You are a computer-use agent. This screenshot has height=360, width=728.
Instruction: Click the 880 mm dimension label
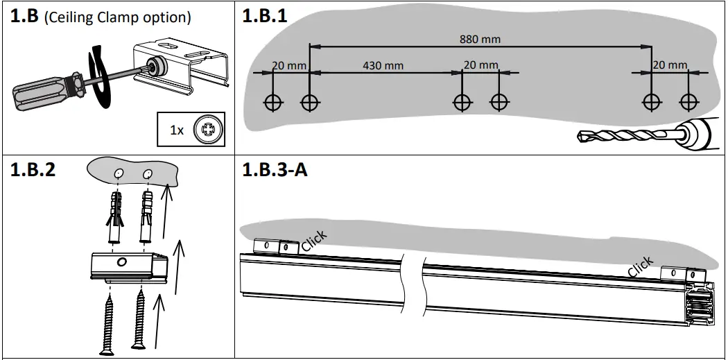coord(480,39)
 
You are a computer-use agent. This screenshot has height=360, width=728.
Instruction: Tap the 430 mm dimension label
coord(383,65)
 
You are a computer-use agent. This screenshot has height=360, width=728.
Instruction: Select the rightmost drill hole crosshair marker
coord(687,102)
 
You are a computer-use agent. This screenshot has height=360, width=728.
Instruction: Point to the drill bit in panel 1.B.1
coord(621,136)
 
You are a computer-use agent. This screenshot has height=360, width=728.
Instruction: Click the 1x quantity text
coord(177,130)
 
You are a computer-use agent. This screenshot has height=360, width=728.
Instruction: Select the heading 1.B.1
coord(264,17)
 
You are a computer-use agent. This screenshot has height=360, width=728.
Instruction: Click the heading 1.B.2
coord(33,171)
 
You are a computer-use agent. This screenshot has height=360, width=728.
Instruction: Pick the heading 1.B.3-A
coord(275,171)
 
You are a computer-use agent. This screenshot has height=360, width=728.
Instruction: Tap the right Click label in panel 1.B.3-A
coord(640,266)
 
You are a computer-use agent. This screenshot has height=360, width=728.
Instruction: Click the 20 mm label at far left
coord(288,65)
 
